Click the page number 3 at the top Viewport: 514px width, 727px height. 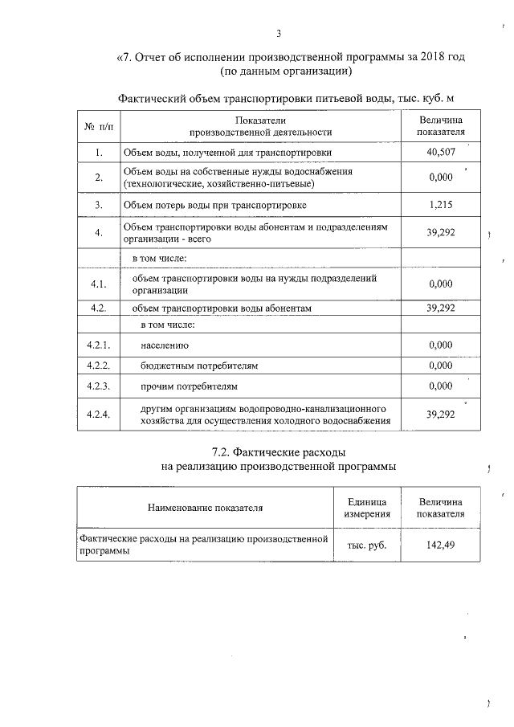tap(279, 33)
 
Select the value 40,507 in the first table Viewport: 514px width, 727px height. tap(441, 151)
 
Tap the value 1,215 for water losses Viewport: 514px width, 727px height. tap(441, 205)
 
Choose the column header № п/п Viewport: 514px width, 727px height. tap(98, 126)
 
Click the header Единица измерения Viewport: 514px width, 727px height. tap(367, 508)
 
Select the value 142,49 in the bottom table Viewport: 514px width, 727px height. tap(441, 545)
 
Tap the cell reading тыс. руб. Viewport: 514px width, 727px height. tap(367, 545)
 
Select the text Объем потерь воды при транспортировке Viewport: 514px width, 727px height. tap(214, 205)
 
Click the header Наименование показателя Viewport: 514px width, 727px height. tap(205, 508)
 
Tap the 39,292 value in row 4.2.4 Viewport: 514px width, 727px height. tap(441, 415)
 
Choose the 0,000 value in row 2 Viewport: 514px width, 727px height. tap(441, 178)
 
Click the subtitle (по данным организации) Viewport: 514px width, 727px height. tap(288, 72)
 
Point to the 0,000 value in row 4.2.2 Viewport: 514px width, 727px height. tap(441, 366)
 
